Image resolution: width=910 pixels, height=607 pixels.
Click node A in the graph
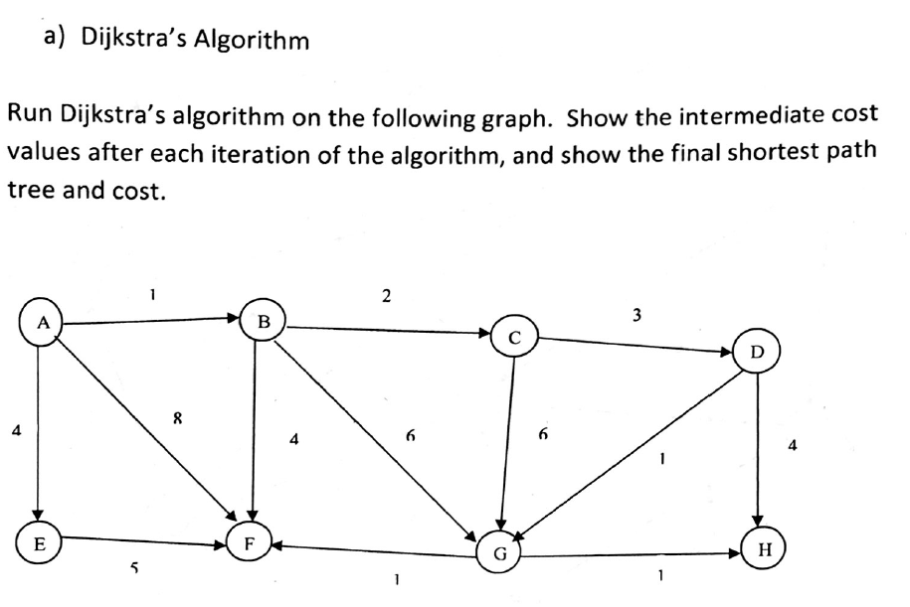(x=41, y=322)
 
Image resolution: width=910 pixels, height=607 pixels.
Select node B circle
(x=263, y=320)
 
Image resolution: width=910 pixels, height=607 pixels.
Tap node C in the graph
(x=514, y=337)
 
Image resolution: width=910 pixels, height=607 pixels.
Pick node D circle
(x=758, y=352)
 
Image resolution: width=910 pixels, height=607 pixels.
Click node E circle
(x=39, y=543)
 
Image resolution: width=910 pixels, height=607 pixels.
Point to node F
(x=249, y=543)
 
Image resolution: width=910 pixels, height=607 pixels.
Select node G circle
(x=499, y=552)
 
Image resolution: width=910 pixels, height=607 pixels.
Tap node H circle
(x=765, y=548)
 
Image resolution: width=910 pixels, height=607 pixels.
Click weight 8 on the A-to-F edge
(x=178, y=417)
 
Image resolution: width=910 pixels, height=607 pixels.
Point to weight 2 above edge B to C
(x=387, y=296)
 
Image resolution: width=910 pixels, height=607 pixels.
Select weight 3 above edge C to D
(x=637, y=315)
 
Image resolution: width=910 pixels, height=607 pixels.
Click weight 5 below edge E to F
(x=134, y=567)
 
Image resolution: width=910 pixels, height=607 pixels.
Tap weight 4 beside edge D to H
(x=793, y=445)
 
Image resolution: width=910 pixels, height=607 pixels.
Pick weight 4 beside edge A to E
(x=16, y=430)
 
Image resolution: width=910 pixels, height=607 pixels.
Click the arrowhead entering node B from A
(x=234, y=318)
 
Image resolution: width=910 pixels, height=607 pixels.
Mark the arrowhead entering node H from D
(x=758, y=520)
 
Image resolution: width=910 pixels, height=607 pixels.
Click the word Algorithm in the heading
(x=251, y=40)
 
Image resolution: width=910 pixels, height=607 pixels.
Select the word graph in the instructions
(x=515, y=117)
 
